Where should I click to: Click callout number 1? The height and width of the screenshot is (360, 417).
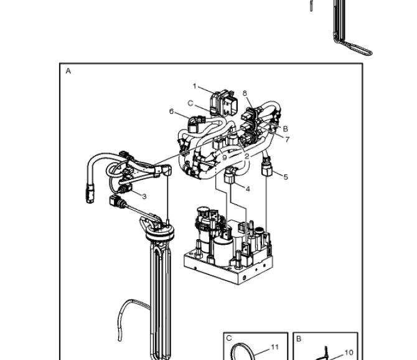pyautogui.click(x=194, y=86)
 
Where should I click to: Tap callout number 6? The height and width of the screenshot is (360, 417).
pyautogui.click(x=171, y=111)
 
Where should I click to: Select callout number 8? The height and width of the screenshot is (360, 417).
pyautogui.click(x=245, y=93)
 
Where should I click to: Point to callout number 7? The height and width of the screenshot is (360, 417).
pyautogui.click(x=287, y=140)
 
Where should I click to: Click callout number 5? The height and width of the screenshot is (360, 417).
pyautogui.click(x=286, y=177)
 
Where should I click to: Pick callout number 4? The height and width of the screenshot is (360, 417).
pyautogui.click(x=248, y=189)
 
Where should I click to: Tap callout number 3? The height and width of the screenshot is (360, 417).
pyautogui.click(x=144, y=196)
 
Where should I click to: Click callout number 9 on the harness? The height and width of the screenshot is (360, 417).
pyautogui.click(x=225, y=158)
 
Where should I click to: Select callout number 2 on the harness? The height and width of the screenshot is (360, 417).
pyautogui.click(x=247, y=156)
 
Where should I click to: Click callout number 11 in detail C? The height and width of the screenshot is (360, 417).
pyautogui.click(x=274, y=347)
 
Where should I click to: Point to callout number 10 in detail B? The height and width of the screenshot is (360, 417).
pyautogui.click(x=349, y=353)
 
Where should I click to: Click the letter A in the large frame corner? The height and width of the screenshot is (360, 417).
pyautogui.click(x=68, y=71)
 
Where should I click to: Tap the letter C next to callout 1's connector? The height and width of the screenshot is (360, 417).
pyautogui.click(x=190, y=103)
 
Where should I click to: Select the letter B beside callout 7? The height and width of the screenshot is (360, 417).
pyautogui.click(x=285, y=129)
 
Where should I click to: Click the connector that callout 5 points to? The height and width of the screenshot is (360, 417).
pyautogui.click(x=267, y=168)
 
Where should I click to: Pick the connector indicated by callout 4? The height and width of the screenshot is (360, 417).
pyautogui.click(x=230, y=175)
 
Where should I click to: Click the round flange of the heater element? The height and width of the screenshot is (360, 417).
pyautogui.click(x=160, y=232)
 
